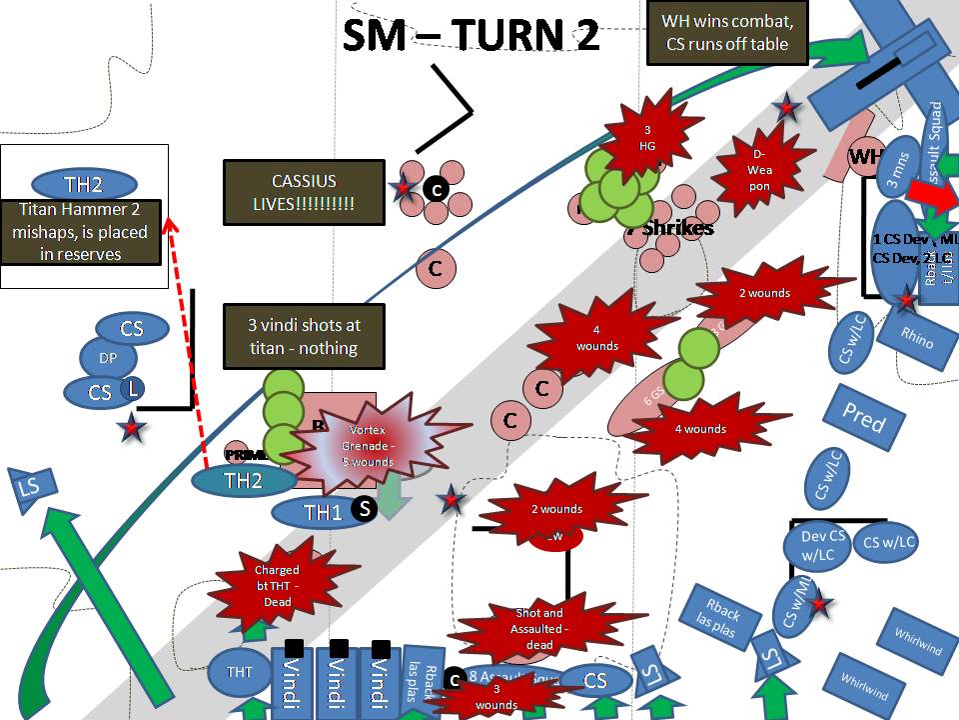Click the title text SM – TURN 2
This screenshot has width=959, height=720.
[x=471, y=35]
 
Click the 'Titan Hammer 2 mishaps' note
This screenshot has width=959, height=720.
[x=81, y=231]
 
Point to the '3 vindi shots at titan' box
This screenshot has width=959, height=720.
[x=305, y=336]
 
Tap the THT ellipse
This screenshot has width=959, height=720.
[x=241, y=672]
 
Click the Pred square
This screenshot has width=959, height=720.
[x=862, y=418]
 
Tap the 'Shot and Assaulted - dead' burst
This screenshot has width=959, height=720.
[x=539, y=628]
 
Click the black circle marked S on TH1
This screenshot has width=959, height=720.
[x=366, y=508]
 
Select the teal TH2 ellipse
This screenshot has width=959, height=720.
[x=243, y=480]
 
